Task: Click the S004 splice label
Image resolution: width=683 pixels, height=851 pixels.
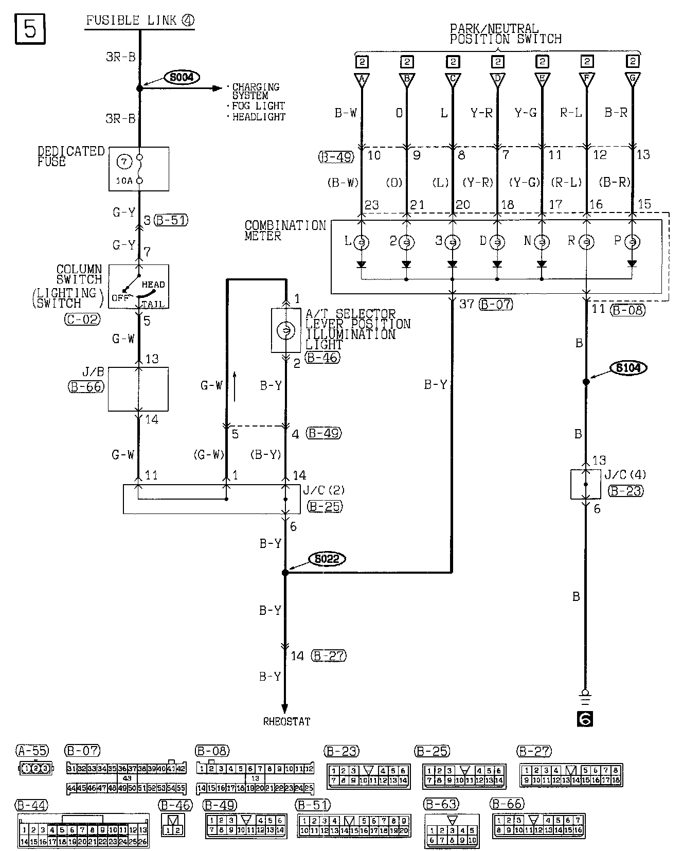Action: tap(182, 78)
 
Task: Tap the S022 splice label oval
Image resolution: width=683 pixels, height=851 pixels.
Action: tap(327, 559)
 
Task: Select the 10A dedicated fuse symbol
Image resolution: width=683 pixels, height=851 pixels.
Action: tap(138, 169)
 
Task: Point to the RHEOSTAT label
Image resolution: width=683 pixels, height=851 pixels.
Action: tap(286, 721)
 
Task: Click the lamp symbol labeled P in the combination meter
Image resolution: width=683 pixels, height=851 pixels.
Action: tap(632, 242)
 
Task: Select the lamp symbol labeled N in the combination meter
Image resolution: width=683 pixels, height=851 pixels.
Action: tap(542, 242)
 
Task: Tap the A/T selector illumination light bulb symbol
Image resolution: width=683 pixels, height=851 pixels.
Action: tap(285, 330)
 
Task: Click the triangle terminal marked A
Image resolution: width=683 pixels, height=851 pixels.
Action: tap(362, 80)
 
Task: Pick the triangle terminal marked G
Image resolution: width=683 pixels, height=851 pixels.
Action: tap(632, 80)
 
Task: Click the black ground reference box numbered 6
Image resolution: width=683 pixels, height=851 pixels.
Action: tap(585, 719)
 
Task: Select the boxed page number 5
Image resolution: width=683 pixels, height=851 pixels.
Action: tap(30, 29)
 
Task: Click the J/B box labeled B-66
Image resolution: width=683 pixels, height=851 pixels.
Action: tap(138, 389)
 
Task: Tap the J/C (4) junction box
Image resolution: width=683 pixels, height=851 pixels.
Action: tap(585, 484)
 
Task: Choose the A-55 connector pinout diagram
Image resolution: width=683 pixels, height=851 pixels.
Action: tap(34, 769)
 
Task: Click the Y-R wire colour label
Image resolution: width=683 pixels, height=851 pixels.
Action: tap(481, 113)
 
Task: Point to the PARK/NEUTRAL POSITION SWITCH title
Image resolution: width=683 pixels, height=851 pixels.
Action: tap(505, 33)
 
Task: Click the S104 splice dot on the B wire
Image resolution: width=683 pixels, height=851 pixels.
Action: tap(585, 382)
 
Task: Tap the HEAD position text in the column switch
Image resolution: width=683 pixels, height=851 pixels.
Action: tap(153, 285)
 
